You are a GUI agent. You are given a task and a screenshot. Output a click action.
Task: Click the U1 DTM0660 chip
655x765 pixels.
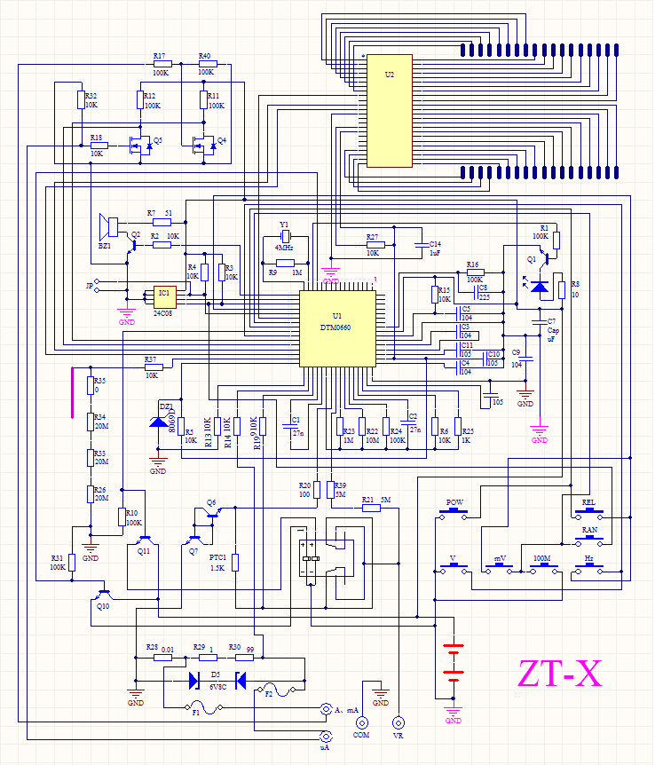point(337,328)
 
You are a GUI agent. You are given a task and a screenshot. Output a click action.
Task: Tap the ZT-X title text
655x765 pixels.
point(560,674)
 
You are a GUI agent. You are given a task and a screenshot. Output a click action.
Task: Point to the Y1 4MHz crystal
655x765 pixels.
point(285,237)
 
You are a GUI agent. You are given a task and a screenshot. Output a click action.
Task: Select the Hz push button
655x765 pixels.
point(588,571)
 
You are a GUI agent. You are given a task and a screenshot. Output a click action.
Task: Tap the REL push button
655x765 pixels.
point(588,515)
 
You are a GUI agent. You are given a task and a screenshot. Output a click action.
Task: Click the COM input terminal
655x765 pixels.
point(361,722)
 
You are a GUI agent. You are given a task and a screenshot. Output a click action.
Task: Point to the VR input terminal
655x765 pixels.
point(398,722)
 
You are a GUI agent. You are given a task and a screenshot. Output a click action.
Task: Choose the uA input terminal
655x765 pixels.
point(326,737)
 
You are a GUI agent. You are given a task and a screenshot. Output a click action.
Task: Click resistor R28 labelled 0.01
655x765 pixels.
point(162,659)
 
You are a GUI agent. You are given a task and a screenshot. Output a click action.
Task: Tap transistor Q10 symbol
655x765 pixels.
point(104,593)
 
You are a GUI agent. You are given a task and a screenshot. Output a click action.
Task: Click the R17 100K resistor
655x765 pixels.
point(161,64)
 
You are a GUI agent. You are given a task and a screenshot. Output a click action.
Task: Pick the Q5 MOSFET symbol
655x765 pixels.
point(138,145)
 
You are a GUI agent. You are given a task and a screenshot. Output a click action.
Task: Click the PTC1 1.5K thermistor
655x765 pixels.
point(235,563)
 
